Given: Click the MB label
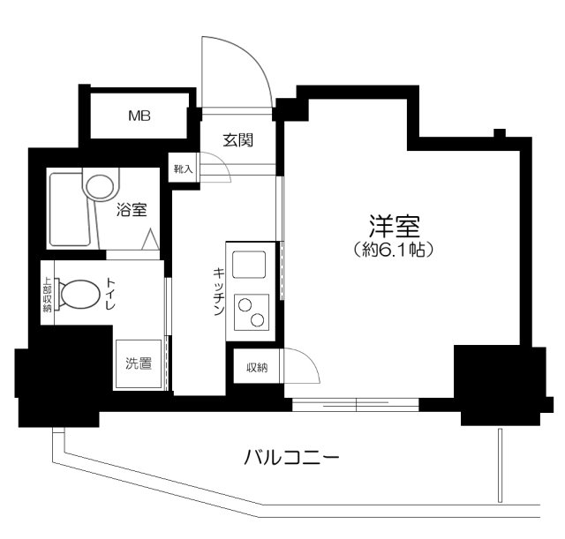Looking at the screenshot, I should [x=139, y=116].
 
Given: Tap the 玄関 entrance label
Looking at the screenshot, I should [x=237, y=138].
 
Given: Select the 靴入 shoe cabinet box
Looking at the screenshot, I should [x=183, y=168].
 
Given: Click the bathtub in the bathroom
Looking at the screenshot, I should [x=69, y=211].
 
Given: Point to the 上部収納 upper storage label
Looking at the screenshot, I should [x=48, y=295].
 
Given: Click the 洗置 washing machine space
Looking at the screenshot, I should [x=139, y=362].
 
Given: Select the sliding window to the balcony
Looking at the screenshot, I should [x=355, y=405].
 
